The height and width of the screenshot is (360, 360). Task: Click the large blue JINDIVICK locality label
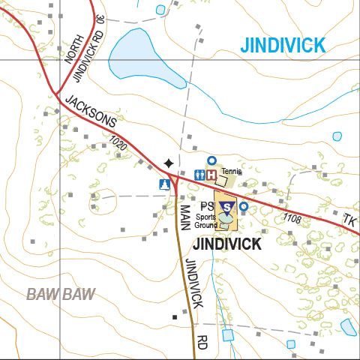click(x=283, y=44)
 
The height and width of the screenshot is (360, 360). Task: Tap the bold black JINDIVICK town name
click(x=227, y=244)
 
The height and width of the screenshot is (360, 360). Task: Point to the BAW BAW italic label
click(x=61, y=293)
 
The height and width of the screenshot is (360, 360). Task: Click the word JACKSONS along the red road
click(x=90, y=110)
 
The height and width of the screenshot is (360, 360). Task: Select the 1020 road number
click(x=117, y=142)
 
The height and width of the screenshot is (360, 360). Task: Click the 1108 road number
click(x=292, y=218)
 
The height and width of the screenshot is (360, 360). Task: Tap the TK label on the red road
click(x=350, y=220)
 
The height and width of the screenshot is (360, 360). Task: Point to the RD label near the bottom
click(x=202, y=342)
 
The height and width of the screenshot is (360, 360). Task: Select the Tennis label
click(x=231, y=172)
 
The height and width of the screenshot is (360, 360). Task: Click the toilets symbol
click(x=199, y=175)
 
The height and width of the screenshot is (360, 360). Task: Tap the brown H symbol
click(x=211, y=175)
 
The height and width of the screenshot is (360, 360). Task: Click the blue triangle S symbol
click(x=227, y=205)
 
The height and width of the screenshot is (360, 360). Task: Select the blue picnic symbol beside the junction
click(x=164, y=184)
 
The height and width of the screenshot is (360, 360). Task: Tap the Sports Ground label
click(x=205, y=221)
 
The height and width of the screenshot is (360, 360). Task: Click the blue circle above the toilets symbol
click(x=211, y=160)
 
